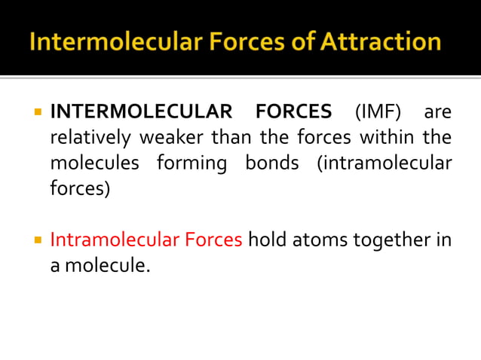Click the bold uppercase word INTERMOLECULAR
[141, 113]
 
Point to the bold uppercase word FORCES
[293, 113]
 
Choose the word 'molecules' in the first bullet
[95, 163]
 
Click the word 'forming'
[192, 163]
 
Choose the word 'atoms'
[316, 240]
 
